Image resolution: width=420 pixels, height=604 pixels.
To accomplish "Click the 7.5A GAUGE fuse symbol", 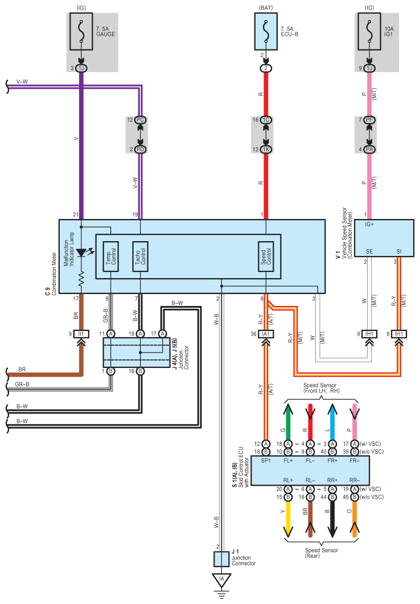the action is pos(81,32).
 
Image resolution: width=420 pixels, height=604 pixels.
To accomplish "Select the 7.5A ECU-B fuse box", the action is pos(265,32).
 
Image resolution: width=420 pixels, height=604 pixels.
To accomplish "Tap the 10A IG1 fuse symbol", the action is pos(369,32).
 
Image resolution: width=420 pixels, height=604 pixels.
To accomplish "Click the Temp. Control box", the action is pos(110,257).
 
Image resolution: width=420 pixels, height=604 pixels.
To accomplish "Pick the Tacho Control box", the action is pos(140,257).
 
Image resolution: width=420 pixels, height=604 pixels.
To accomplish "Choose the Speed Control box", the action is pos(265,257).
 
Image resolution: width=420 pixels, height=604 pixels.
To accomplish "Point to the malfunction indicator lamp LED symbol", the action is pos(81,253).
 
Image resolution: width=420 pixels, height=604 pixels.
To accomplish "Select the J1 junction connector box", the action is pos(221,559).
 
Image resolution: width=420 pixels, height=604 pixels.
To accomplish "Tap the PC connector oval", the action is pos(140,120).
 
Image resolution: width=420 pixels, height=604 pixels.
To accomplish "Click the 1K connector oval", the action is pos(265,150).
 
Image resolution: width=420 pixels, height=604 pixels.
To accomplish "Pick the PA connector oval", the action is pos(369,150).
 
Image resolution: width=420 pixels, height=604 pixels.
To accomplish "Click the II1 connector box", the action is pos(81,334).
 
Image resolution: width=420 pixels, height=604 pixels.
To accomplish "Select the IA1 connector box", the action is pos(265,334).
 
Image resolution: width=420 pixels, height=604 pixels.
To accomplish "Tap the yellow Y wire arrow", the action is pos(288,519).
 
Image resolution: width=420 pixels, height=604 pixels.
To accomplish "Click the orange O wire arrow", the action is pos(355,519).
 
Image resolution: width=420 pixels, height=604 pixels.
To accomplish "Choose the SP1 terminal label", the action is pos(265,461).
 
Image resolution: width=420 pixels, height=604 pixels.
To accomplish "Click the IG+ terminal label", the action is pos(369,224).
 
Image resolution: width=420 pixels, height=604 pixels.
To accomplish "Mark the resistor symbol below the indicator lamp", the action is pos(81,279).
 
